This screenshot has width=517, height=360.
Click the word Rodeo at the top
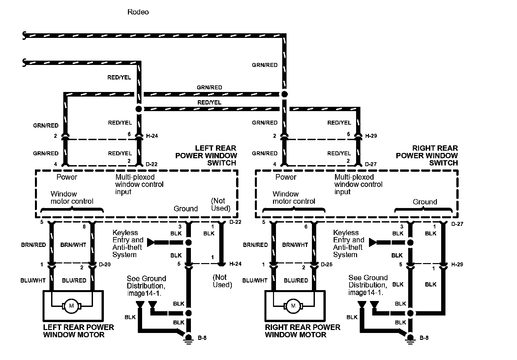(138, 12)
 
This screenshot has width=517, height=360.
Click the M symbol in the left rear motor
(71, 306)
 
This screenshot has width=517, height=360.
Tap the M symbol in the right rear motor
(293, 306)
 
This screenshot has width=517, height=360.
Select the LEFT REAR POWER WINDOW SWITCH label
(206, 156)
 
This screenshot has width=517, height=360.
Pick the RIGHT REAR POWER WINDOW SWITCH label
(427, 156)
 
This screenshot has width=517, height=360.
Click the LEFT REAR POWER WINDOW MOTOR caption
(78, 331)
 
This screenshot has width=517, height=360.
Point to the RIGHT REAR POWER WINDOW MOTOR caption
(302, 331)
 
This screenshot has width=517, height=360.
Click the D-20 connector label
(105, 264)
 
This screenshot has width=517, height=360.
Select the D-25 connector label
(327, 264)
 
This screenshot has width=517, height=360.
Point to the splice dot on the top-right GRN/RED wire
(284, 94)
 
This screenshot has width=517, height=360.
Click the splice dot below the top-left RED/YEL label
(139, 109)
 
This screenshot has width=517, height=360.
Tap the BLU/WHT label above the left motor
(33, 280)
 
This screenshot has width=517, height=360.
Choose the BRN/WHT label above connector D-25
(295, 245)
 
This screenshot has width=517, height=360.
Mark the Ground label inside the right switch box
(425, 202)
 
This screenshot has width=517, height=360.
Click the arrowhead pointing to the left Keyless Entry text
(151, 243)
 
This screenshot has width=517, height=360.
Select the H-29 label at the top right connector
(371, 135)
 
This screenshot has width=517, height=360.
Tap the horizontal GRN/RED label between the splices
(209, 87)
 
